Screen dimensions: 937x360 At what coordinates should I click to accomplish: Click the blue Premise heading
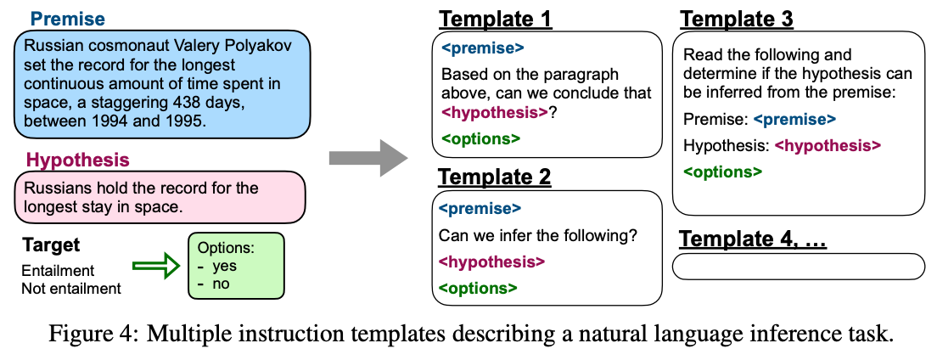[x=68, y=20]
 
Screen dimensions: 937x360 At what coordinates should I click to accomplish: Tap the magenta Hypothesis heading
[x=78, y=160]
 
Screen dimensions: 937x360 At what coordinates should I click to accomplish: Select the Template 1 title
[x=496, y=20]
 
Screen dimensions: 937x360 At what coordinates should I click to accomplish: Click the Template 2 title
[x=495, y=177]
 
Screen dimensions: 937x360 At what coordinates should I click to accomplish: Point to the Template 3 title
[x=736, y=20]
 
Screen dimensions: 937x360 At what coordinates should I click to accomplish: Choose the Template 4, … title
[x=753, y=239]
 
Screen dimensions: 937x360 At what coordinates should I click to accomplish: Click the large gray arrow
[x=368, y=158]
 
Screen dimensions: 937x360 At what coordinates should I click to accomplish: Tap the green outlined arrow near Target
[x=156, y=266]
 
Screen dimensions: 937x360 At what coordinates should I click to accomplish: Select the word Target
[x=51, y=245]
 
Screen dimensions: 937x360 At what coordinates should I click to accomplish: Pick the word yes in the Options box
[x=225, y=266]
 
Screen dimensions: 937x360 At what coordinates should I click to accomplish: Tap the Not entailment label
[x=71, y=288]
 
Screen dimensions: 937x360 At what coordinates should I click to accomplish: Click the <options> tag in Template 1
[x=481, y=138]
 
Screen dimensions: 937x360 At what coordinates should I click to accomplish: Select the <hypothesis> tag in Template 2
[x=491, y=262]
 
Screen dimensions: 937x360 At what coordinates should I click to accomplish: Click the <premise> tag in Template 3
[x=794, y=120]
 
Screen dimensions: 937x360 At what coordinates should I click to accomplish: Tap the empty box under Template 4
[x=799, y=266]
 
